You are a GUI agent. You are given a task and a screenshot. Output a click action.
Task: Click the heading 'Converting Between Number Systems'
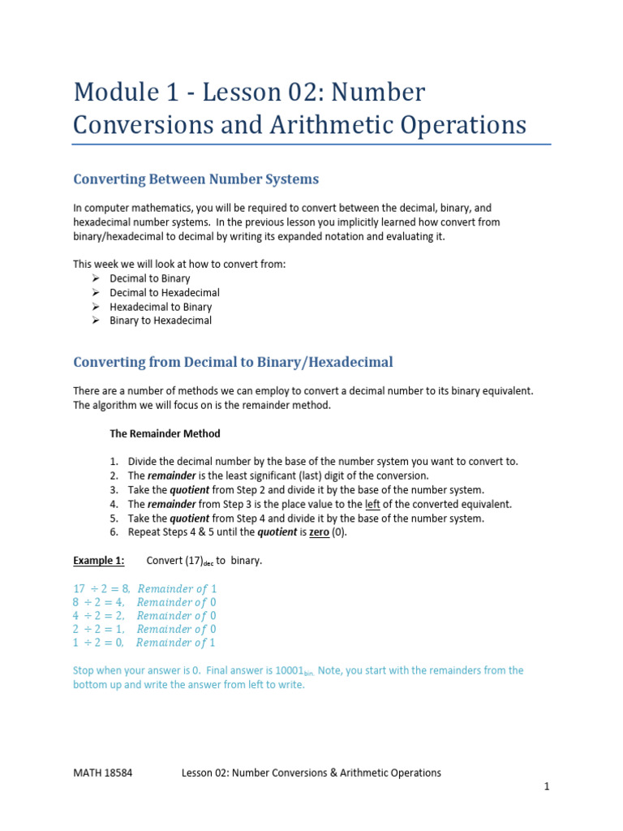pyautogui.click(x=195, y=179)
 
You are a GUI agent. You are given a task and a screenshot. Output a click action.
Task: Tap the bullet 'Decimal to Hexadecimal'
pyautogui.click(x=165, y=292)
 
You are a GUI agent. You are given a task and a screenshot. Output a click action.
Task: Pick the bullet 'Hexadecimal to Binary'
pyautogui.click(x=161, y=307)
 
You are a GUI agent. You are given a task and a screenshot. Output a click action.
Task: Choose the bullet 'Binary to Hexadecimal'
pyautogui.click(x=161, y=321)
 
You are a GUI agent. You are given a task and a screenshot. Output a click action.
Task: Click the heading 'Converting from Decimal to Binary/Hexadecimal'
pyautogui.click(x=233, y=362)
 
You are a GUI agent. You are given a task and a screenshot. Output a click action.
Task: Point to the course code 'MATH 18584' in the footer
pyautogui.click(x=103, y=773)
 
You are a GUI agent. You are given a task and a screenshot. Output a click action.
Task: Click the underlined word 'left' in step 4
pyautogui.click(x=373, y=504)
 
